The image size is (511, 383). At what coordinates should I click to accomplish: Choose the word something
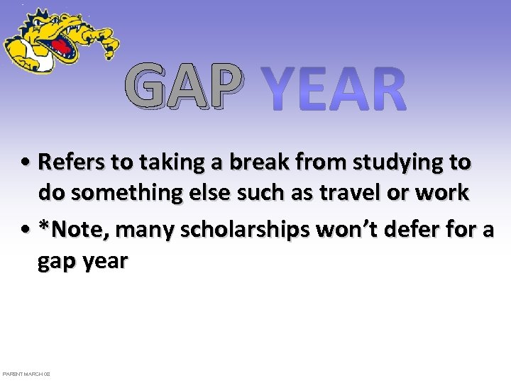pos(123,193)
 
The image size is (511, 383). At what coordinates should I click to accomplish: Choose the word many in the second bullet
pos(139,231)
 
